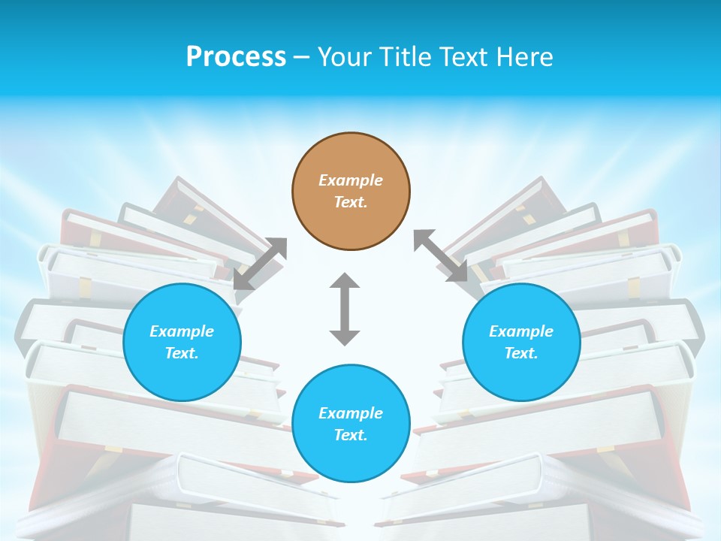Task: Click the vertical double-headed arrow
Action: click(345, 310)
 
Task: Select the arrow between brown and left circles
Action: click(260, 264)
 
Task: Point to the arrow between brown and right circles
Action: click(441, 255)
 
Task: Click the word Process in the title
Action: click(236, 56)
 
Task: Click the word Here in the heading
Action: click(523, 56)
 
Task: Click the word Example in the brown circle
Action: click(351, 180)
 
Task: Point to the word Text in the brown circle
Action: click(351, 202)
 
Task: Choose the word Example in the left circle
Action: click(182, 331)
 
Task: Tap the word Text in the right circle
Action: click(521, 353)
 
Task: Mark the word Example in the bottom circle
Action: click(351, 413)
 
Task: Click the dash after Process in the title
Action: click(301, 57)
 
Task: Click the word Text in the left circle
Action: click(182, 353)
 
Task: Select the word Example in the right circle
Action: click(521, 331)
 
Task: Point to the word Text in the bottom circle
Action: click(351, 435)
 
